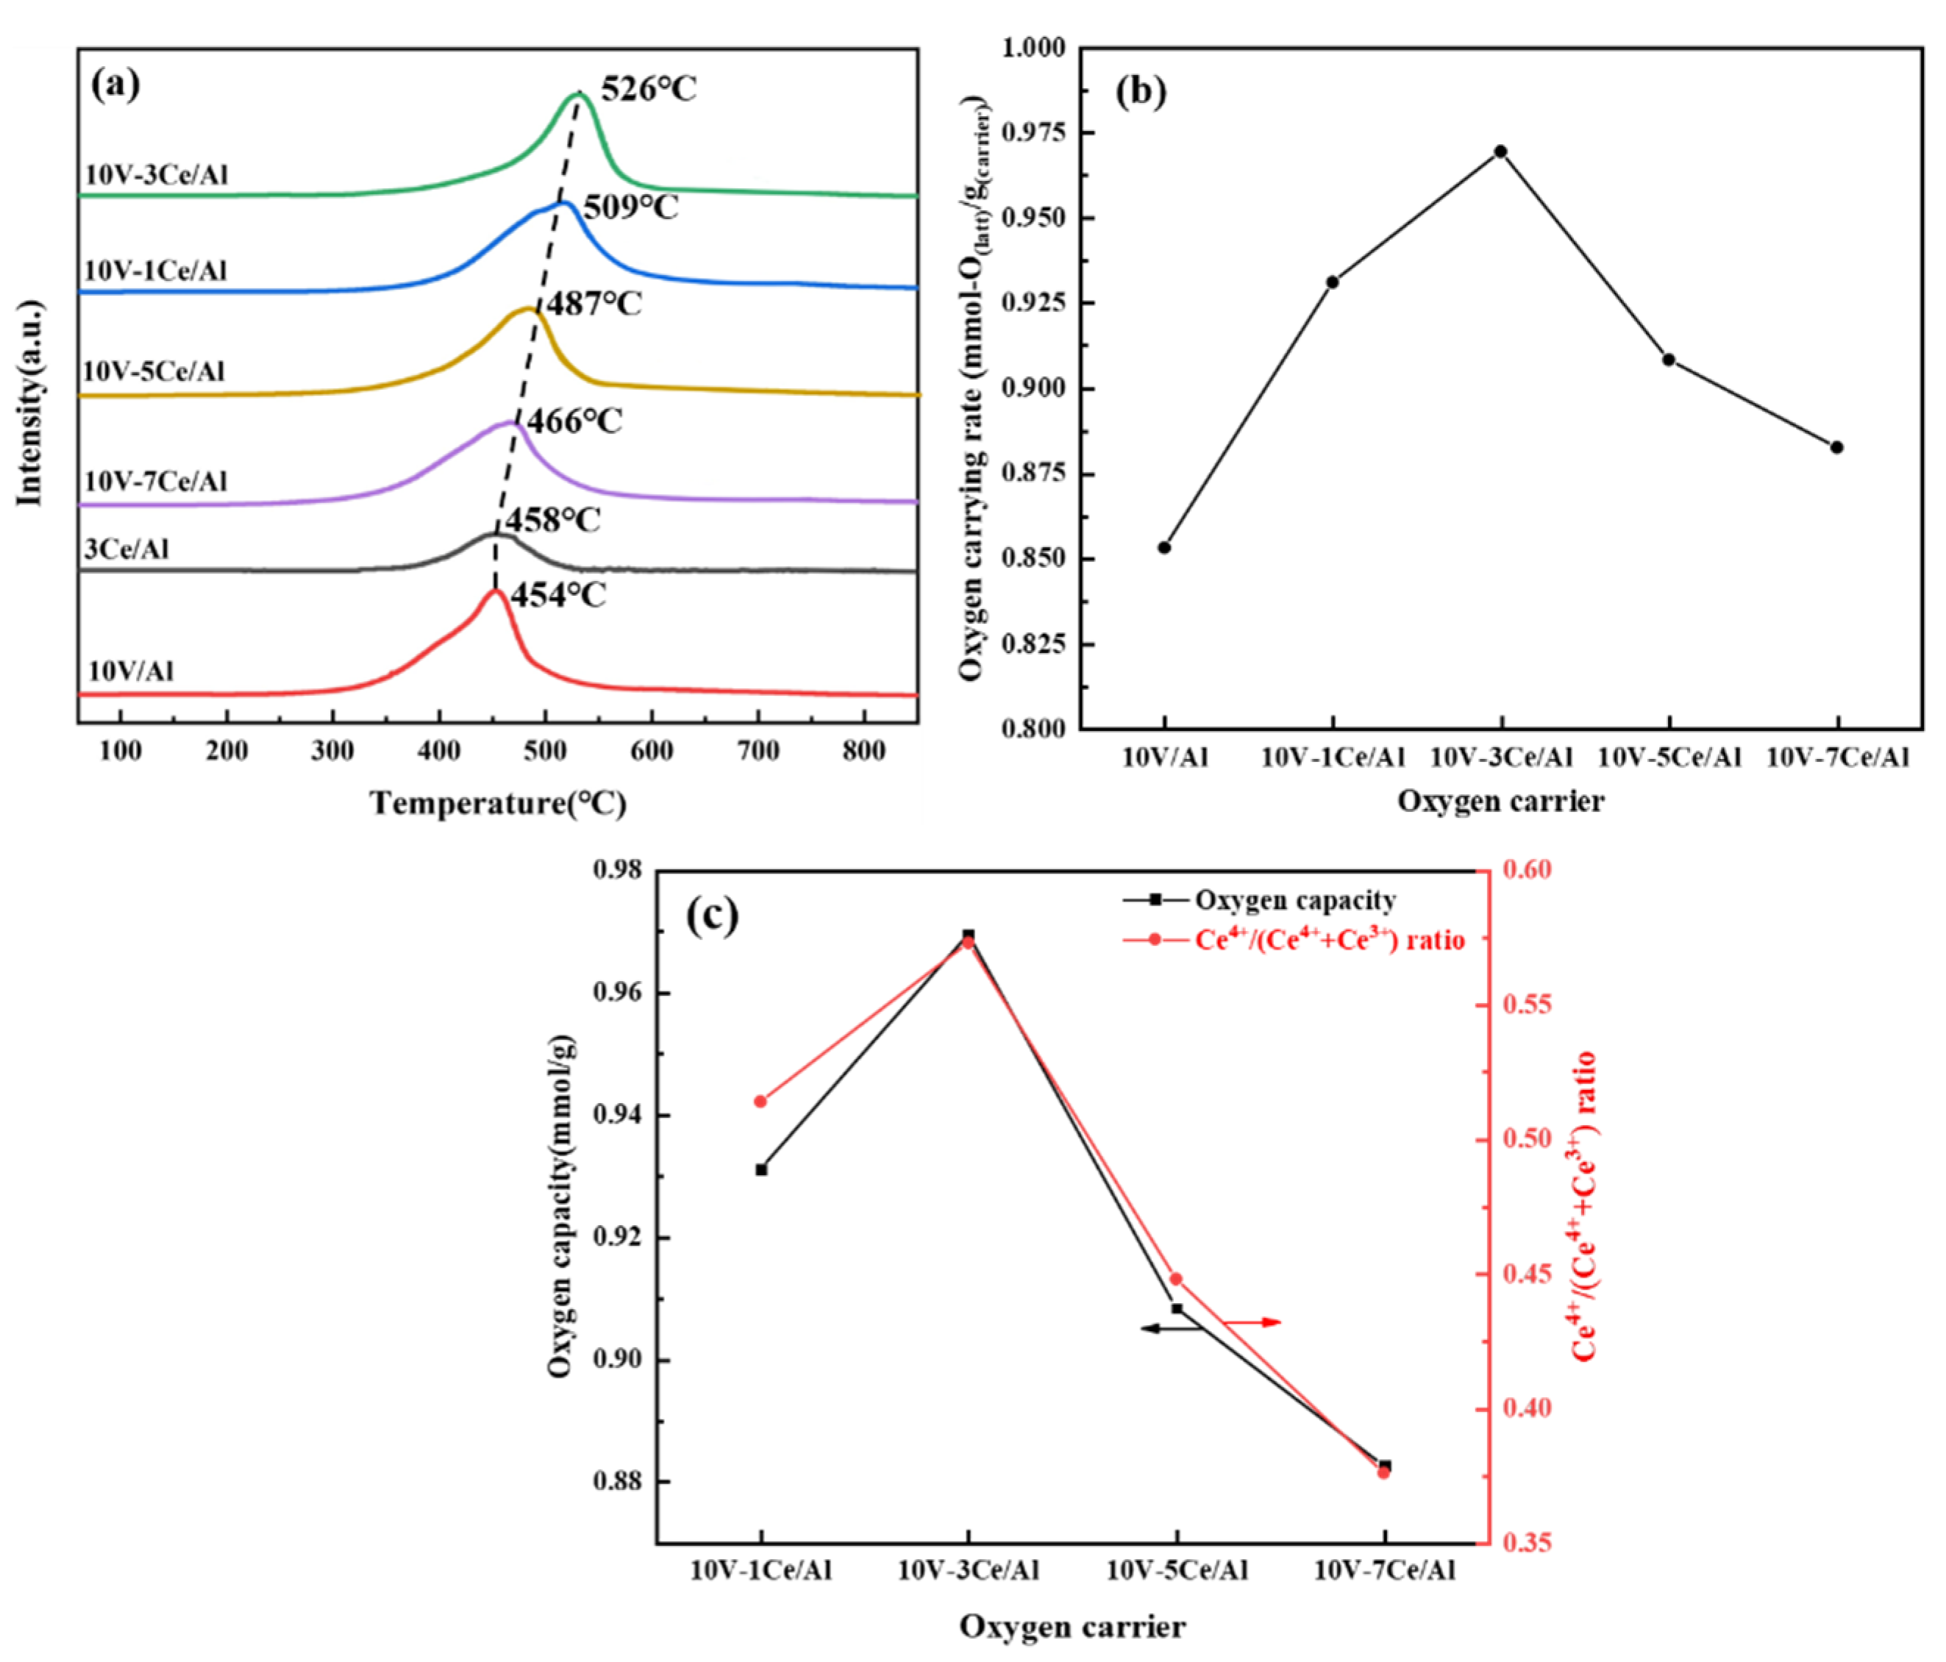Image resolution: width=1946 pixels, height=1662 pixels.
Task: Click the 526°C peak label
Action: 648,90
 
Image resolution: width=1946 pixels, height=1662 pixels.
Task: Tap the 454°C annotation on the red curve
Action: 558,594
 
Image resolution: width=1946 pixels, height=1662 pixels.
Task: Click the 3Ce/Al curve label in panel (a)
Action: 126,549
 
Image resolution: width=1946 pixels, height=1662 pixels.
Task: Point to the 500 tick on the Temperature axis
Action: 545,751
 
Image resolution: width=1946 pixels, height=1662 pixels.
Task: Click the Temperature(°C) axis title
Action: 498,804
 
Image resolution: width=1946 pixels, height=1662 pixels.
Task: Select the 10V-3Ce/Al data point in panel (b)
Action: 1500,151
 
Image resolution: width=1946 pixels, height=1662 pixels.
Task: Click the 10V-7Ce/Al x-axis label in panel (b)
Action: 1837,757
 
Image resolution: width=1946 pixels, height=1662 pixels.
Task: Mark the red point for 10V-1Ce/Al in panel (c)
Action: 760,1102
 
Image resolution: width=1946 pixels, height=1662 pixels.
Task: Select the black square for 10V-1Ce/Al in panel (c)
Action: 760,1170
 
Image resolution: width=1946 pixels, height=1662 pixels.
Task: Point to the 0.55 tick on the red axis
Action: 1527,1005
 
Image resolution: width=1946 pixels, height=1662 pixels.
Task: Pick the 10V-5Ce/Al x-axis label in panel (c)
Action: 1177,1570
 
